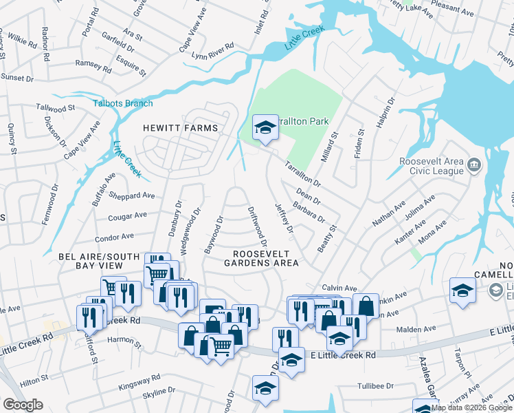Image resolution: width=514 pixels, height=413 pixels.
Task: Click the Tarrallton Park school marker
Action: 265,128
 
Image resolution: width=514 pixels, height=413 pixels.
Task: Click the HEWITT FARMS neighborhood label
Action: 180,128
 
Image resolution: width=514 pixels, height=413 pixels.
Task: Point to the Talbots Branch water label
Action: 123,103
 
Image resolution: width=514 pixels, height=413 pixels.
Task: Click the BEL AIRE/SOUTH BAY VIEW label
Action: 96,261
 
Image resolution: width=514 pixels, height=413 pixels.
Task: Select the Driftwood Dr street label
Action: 256,226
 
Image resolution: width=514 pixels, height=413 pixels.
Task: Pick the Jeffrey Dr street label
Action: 284,217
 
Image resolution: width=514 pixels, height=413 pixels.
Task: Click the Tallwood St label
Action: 56,109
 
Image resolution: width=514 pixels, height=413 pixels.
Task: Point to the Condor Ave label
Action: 114,237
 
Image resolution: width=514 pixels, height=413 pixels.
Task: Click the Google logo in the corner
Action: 23,405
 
